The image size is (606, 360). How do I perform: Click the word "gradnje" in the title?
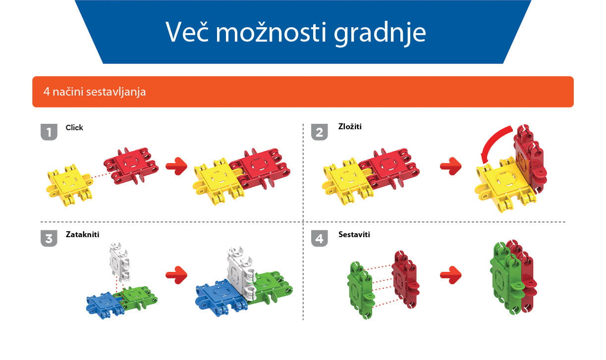(x=380, y=33)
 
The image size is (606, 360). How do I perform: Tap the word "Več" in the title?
(x=187, y=32)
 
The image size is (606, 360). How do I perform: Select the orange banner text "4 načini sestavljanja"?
(x=95, y=92)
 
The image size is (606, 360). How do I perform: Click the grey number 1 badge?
(x=49, y=132)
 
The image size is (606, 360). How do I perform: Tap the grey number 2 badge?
(x=320, y=132)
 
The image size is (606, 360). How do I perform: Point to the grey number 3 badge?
(x=49, y=238)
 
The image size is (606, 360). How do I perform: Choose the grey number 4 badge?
(x=320, y=238)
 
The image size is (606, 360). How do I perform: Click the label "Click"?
(x=74, y=128)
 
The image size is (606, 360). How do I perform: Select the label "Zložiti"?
(x=350, y=126)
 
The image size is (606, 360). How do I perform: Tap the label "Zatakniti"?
(x=83, y=234)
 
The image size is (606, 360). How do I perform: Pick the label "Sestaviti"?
(x=354, y=234)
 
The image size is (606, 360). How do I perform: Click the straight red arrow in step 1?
(x=176, y=166)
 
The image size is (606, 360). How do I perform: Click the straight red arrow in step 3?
(x=176, y=275)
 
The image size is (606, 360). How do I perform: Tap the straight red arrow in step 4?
(x=451, y=275)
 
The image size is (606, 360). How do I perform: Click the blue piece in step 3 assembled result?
(x=220, y=297)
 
